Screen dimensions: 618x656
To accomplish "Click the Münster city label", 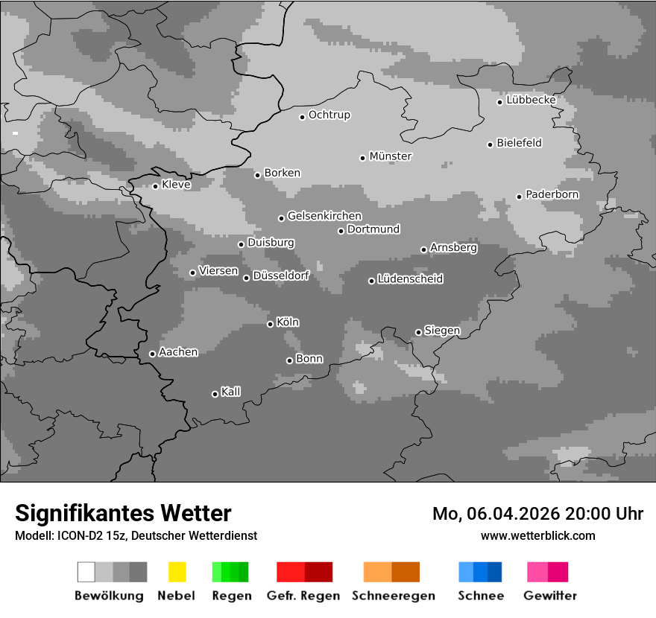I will tap(391, 156).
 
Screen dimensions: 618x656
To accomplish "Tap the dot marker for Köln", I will tap(270, 323).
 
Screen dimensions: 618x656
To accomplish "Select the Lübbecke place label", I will tap(531, 100).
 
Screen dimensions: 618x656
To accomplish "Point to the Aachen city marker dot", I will tap(152, 354).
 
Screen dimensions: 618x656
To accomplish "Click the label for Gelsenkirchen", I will tap(324, 216).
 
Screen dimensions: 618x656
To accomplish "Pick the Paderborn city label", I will tap(552, 194).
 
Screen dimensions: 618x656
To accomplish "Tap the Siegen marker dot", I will tap(418, 332).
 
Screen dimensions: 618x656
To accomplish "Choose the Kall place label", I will tap(230, 392).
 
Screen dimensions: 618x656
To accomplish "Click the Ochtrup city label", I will tap(329, 115).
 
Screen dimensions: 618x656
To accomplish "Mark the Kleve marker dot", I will tap(155, 186).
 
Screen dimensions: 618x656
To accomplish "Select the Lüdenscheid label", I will tap(410, 279).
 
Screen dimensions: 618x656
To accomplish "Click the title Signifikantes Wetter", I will tap(123, 513).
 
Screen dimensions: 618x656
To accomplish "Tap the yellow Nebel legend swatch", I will tap(177, 572).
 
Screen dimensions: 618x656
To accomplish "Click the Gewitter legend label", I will tap(549, 596).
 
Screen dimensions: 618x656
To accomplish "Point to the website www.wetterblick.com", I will tap(537, 535).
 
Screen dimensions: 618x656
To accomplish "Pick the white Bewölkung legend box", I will tap(86, 572).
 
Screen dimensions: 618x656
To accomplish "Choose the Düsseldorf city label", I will tap(280, 275).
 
